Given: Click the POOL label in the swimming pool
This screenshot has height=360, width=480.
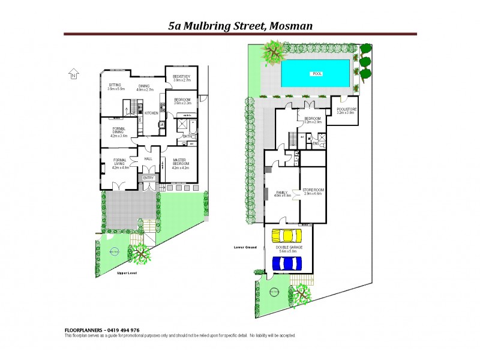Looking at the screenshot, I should (316, 74).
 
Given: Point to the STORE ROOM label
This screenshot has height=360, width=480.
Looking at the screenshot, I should (313, 191).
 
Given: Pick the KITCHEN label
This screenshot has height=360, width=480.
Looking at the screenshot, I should (151, 113).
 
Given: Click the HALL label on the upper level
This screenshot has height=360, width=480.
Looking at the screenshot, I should (148, 159).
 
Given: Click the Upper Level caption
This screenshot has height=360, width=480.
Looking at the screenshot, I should (128, 273).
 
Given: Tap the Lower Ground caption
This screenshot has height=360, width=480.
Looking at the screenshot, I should (245, 247).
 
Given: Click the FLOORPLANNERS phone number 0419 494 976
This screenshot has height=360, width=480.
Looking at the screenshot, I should (122, 330).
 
